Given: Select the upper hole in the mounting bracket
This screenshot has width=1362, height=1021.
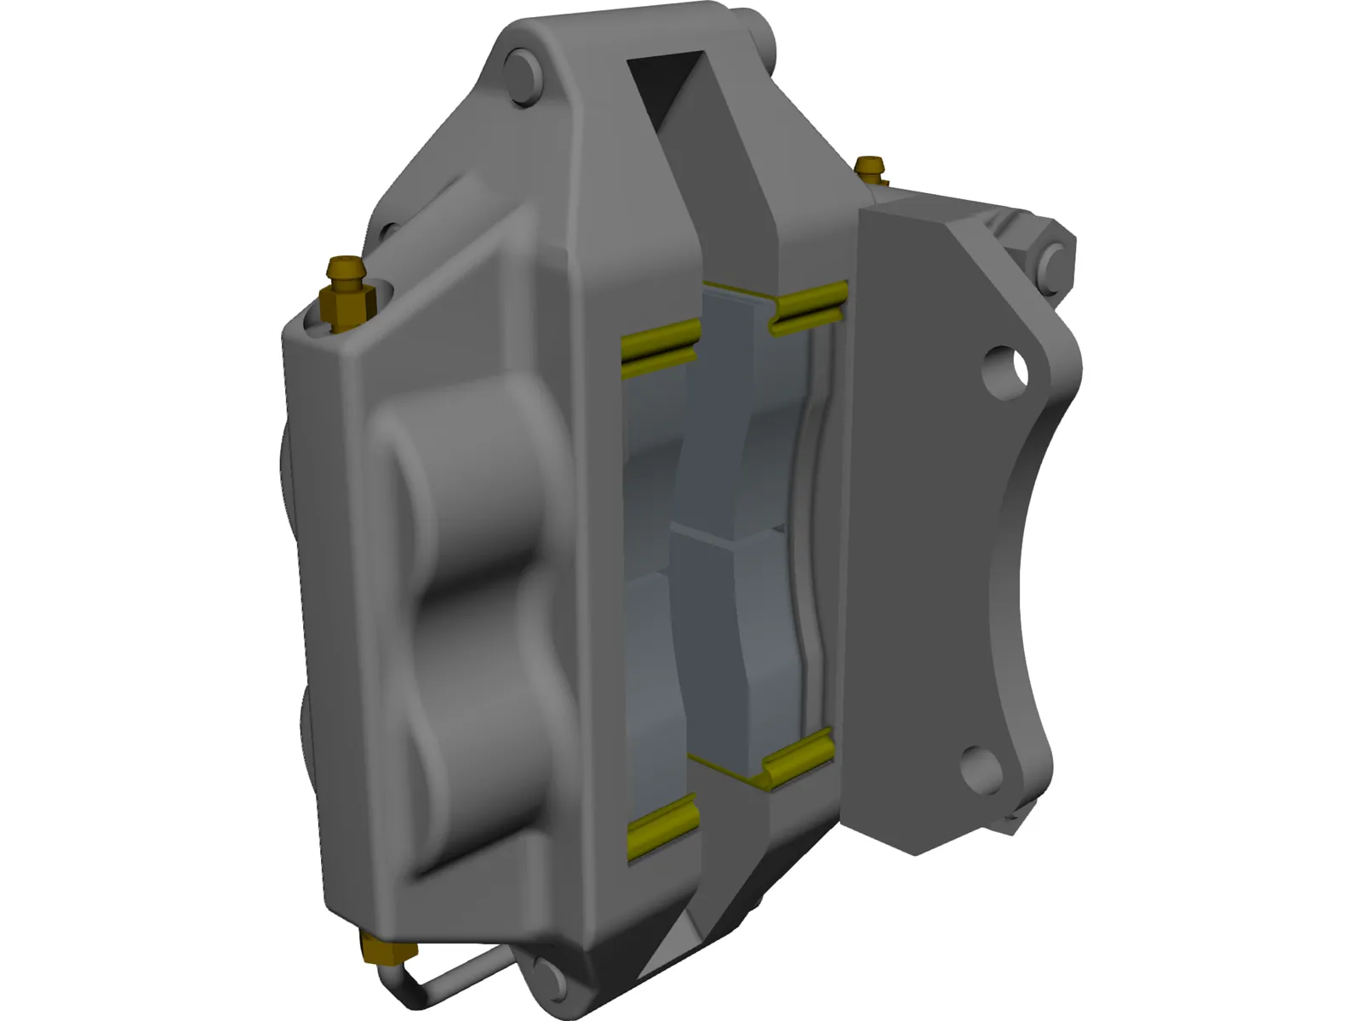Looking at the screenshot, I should [1004, 368].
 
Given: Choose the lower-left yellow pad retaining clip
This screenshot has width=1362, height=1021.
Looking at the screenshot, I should [663, 825].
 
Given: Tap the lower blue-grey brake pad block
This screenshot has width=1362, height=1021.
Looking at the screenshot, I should [724, 647].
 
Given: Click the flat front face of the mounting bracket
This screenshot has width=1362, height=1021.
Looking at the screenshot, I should [928, 510].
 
